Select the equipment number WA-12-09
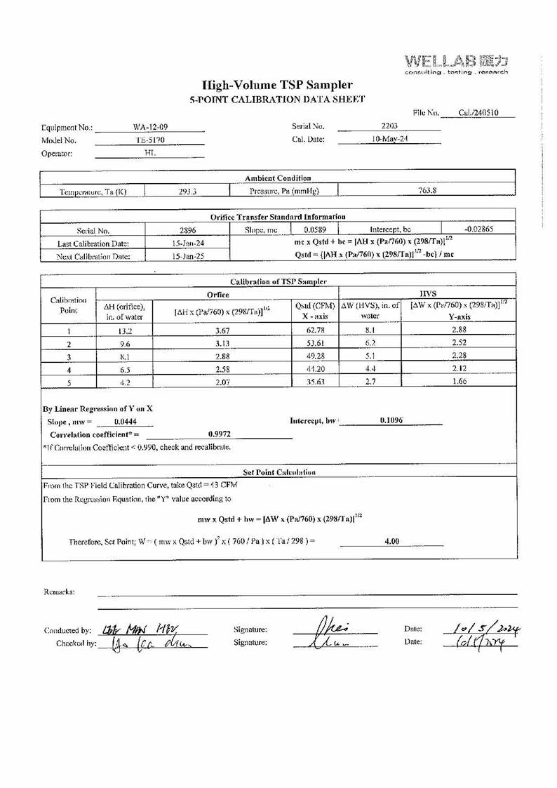tap(149, 127)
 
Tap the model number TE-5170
tap(149, 140)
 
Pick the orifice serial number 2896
tap(188, 229)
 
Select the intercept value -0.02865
tap(479, 229)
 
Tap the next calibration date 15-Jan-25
tap(188, 256)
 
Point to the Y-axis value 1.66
tap(459, 382)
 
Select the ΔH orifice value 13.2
tap(123, 329)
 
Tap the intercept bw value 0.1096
tap(391, 420)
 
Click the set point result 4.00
tap(391, 541)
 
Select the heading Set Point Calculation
tap(278, 472)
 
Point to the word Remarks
tap(60, 592)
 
